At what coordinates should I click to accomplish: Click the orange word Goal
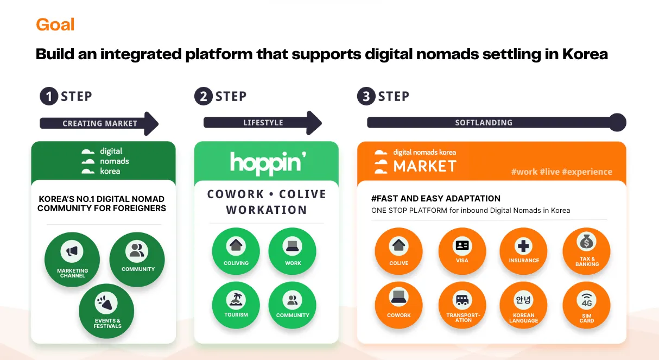(x=55, y=24)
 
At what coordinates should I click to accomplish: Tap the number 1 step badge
(x=49, y=97)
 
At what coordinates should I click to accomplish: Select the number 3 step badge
(x=366, y=97)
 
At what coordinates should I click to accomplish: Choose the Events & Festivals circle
(x=106, y=311)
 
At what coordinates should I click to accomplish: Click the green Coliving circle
(x=236, y=251)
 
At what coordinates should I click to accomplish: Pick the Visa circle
(x=462, y=251)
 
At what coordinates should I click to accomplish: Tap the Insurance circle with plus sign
(x=524, y=251)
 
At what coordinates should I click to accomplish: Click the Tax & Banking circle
(x=587, y=251)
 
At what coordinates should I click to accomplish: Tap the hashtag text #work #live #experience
(x=561, y=172)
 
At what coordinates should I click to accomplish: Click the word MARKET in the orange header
(x=424, y=166)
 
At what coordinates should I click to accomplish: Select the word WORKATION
(x=266, y=210)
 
